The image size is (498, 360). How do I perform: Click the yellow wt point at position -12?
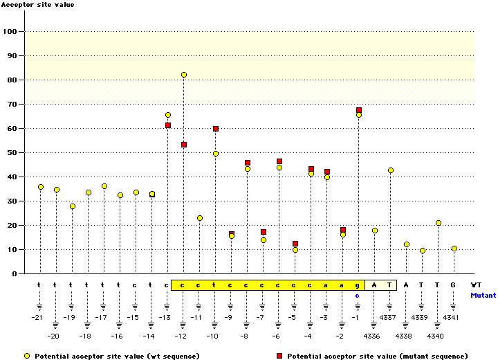184,75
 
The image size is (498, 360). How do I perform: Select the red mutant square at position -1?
359,110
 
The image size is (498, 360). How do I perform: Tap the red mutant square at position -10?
216,129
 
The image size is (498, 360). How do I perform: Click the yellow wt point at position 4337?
391,170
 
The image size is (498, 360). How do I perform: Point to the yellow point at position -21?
41,187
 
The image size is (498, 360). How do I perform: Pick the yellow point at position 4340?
439,223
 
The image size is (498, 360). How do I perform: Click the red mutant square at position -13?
168,125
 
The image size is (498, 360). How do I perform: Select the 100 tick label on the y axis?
10,32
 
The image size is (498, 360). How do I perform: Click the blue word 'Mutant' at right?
483,295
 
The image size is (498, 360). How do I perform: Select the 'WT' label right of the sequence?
476,285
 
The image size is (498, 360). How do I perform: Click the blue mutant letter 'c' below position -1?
358,296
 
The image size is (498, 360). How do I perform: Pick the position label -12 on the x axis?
181,336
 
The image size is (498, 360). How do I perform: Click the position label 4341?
452,317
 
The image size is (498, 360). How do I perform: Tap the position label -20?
54,336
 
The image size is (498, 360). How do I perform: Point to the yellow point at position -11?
200,218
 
